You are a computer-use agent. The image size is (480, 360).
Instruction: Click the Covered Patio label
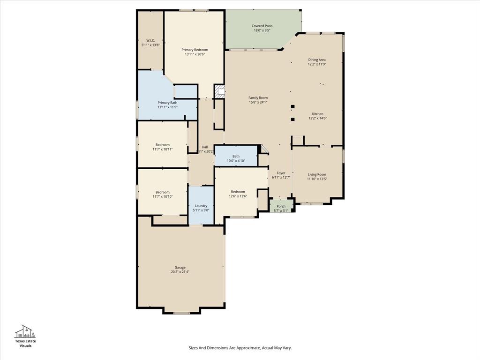click(262, 26)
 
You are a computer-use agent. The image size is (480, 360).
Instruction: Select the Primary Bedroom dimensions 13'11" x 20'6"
click(195, 54)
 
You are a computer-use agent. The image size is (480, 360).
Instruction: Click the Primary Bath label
click(167, 103)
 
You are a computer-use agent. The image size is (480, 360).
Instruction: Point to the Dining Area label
click(317, 60)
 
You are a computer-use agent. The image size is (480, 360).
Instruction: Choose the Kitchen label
click(317, 114)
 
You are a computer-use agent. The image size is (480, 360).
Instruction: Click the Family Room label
click(258, 98)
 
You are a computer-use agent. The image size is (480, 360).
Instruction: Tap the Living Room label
click(317, 174)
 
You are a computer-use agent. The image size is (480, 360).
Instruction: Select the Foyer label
click(281, 173)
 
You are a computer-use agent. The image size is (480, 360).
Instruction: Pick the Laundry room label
click(201, 206)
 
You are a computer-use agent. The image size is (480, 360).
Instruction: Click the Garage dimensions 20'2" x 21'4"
click(180, 272)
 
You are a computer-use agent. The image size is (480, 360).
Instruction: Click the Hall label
click(205, 147)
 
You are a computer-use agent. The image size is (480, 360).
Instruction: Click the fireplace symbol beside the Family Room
click(219, 91)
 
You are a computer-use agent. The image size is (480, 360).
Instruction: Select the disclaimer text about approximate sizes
click(240, 348)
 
